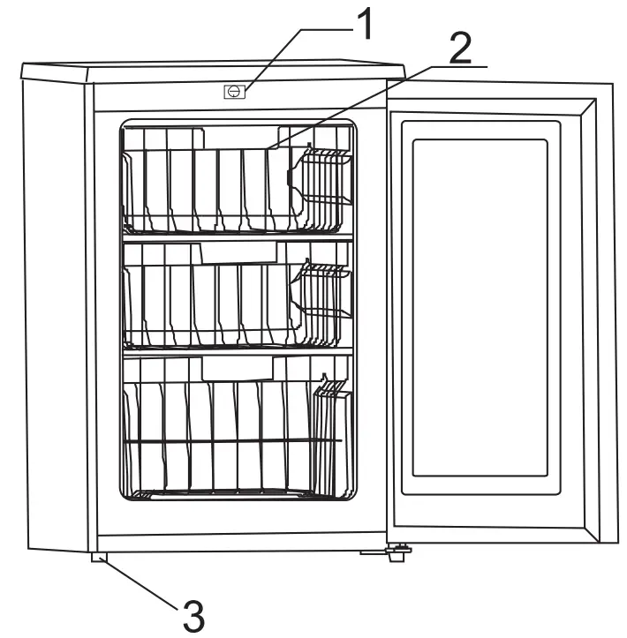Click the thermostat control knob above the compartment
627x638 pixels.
point(234,90)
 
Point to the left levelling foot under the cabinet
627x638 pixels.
point(97,557)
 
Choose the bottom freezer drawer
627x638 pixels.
point(221,437)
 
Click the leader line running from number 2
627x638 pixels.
point(353,106)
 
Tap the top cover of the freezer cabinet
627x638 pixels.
point(212,70)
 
